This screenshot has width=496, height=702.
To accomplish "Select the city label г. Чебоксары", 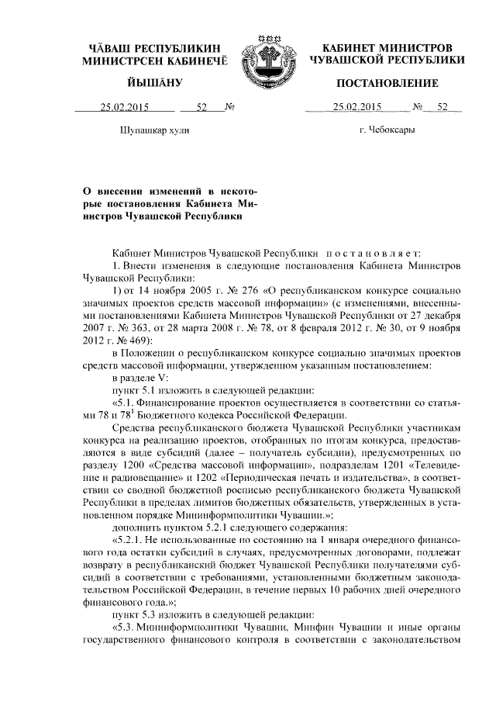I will [x=387, y=130].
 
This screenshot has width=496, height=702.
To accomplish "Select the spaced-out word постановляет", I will [x=371, y=253].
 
